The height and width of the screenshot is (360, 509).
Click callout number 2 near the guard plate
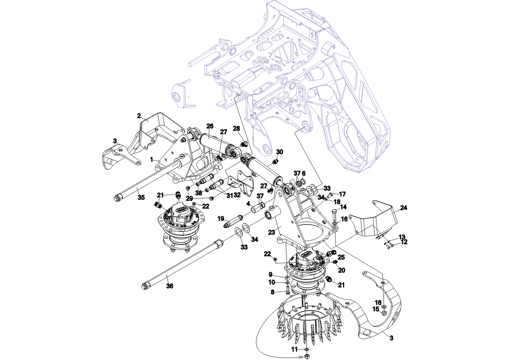pyautogui.click(x=139, y=116)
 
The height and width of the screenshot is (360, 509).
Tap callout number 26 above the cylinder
pyautogui.click(x=210, y=126)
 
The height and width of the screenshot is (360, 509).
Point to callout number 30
pyautogui.click(x=280, y=152)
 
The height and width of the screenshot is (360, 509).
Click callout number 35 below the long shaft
pyautogui.click(x=141, y=197)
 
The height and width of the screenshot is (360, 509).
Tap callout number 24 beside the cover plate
pyautogui.click(x=404, y=208)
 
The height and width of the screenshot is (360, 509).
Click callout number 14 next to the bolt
pyautogui.click(x=344, y=207)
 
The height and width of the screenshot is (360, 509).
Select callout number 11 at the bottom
pyautogui.click(x=295, y=349)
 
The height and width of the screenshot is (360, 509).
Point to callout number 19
pyautogui.click(x=221, y=219)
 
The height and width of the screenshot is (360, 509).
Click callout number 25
pyautogui.click(x=341, y=257)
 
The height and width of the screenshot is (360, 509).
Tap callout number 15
pyautogui.click(x=376, y=309)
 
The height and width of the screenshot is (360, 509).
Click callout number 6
pyautogui.click(x=304, y=173)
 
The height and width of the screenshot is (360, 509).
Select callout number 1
pyautogui.click(x=152, y=159)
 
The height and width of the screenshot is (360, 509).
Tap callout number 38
pyautogui.click(x=199, y=193)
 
